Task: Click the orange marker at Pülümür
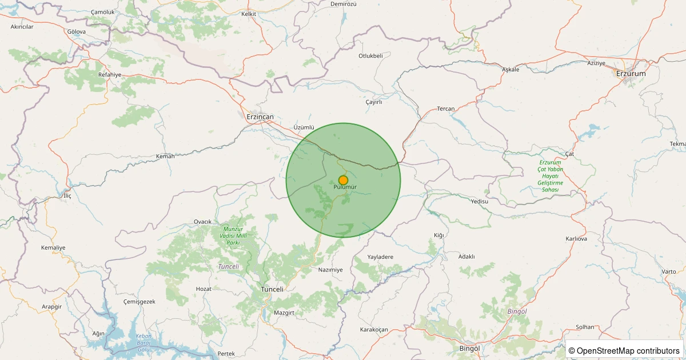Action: [343, 180]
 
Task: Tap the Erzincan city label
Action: [260, 117]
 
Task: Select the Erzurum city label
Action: [631, 74]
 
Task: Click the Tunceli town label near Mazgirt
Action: [272, 289]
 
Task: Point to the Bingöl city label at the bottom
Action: [469, 349]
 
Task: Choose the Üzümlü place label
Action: [304, 127]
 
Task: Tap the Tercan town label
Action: [445, 109]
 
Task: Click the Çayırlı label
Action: [373, 102]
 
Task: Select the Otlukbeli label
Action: [370, 55]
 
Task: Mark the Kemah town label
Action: [165, 156]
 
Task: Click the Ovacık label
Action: [203, 222]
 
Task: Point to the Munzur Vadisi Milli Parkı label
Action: [233, 235]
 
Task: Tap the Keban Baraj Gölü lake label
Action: [143, 342]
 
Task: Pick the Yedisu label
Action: [479, 201]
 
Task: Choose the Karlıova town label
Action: [576, 238]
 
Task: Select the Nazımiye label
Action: [330, 269]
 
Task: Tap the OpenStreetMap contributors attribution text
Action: [624, 350]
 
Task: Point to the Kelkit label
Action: [249, 14]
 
